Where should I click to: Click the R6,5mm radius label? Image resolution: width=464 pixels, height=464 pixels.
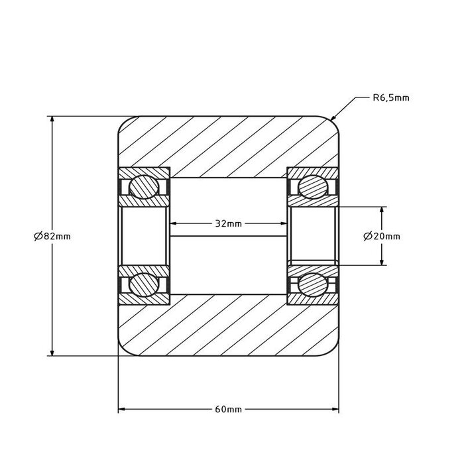pyautogui.click(x=390, y=97)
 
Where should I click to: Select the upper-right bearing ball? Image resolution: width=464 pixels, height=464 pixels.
pyautogui.click(x=311, y=188)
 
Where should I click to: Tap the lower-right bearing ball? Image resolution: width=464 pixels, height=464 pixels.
pyautogui.click(x=311, y=285)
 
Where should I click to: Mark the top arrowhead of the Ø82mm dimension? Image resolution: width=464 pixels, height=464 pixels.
pyautogui.click(x=52, y=120)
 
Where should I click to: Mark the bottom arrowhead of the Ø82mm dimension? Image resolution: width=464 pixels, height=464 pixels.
pyautogui.click(x=52, y=352)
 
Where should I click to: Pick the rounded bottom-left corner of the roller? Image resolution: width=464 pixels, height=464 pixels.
pyautogui.click(x=123, y=351)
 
